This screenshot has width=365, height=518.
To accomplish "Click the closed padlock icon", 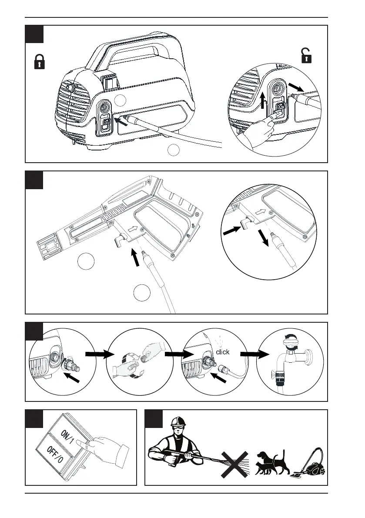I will tap(40, 62).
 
